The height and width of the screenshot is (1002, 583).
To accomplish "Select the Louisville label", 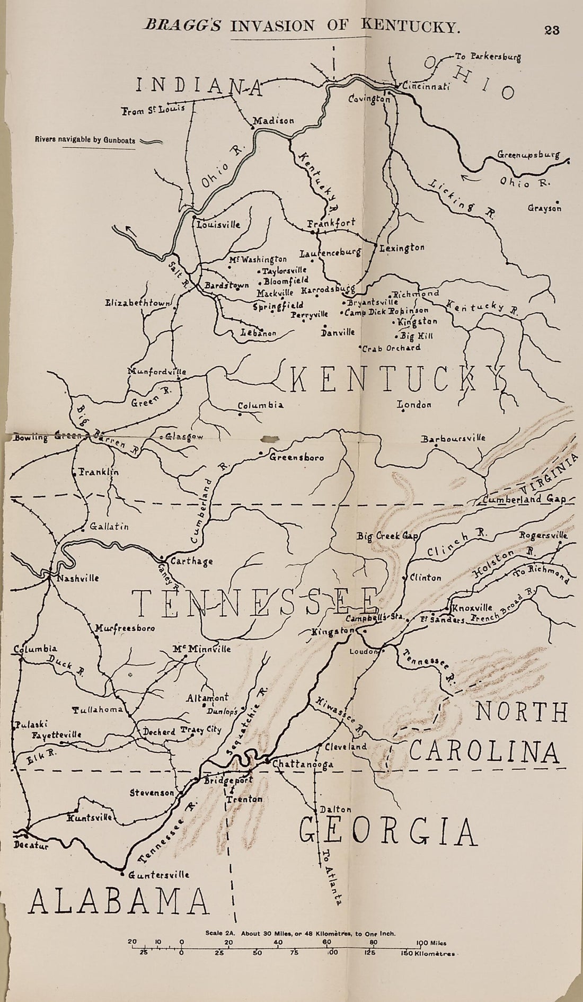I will tap(218, 224).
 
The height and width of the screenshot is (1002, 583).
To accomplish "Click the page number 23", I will tap(552, 30).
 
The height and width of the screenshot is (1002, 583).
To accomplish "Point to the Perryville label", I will tap(310, 315).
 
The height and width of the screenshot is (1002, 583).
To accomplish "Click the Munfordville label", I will tap(157, 371).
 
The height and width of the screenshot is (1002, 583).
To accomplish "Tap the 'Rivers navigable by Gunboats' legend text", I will tap(85, 141).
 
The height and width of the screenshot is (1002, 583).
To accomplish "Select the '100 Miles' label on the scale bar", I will tap(431, 943).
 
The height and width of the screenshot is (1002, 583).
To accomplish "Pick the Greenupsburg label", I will tap(528, 155).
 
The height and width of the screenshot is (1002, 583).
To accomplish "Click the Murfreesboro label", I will tap(125, 628).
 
